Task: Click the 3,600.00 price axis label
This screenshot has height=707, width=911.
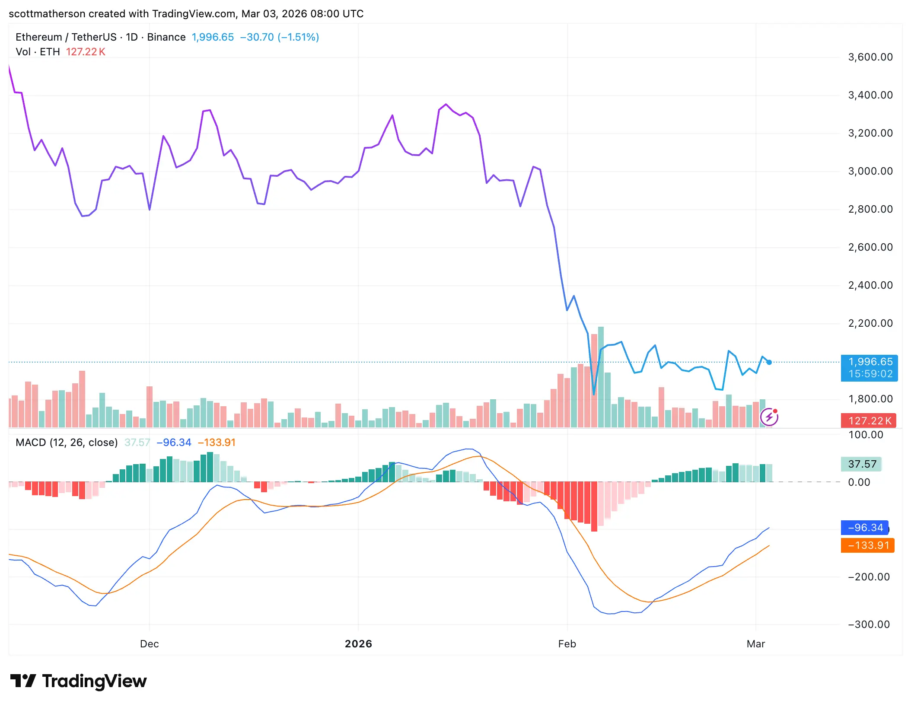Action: (870, 57)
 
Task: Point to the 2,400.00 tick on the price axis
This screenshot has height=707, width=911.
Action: (870, 285)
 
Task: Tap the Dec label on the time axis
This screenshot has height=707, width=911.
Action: (149, 644)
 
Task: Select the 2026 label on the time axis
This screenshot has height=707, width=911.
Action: (358, 644)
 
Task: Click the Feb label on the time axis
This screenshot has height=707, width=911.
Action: (567, 644)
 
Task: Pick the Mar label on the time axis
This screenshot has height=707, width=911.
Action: (755, 644)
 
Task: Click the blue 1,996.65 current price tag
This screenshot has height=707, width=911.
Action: (869, 367)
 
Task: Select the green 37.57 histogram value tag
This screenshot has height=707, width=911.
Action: (862, 464)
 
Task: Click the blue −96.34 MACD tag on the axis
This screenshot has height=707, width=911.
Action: (865, 528)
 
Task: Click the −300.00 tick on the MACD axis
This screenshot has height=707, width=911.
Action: (869, 624)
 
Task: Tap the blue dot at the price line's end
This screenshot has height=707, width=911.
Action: (769, 363)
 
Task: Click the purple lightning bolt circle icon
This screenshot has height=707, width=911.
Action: (769, 417)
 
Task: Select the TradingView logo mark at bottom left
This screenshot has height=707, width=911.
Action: (23, 681)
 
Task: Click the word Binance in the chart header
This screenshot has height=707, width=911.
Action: (166, 37)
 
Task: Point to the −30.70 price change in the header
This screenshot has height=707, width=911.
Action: (257, 37)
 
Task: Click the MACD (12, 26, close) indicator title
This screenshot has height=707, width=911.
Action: (67, 443)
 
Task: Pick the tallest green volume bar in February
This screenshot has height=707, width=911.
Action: (601, 377)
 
